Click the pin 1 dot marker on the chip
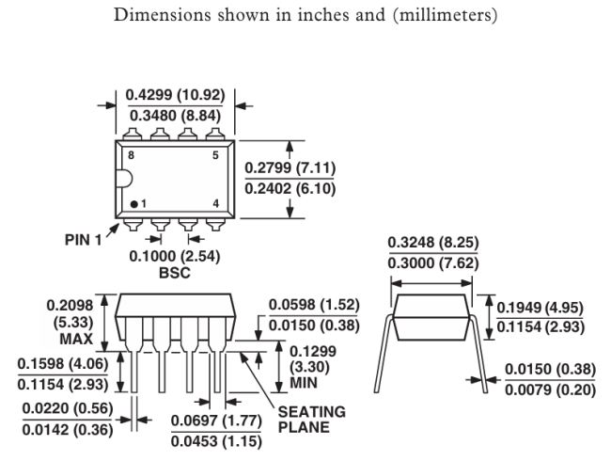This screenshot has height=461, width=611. click(134, 204)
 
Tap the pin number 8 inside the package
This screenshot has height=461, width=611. click(131, 155)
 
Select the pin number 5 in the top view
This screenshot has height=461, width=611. click(215, 155)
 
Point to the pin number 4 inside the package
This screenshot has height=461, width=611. click(216, 203)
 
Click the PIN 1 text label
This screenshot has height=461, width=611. click(83, 240)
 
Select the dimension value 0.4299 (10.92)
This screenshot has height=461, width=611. click(176, 95)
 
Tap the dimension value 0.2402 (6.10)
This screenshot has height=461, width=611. click(290, 189)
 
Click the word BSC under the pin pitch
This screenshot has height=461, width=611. click(175, 273)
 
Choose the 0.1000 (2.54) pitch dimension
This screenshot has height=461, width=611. click(175, 257)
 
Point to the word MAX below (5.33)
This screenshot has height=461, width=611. click(76, 339)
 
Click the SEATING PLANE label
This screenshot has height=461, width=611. click(312, 420)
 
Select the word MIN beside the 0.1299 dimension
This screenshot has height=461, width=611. click(304, 383)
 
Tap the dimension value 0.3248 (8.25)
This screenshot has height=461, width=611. click(433, 243)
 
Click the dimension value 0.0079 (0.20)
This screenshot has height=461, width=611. click(550, 389)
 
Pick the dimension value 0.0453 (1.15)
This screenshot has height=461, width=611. click(216, 441)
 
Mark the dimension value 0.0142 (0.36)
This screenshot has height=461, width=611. click(68, 430)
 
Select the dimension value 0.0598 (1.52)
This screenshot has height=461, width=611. click(314, 305)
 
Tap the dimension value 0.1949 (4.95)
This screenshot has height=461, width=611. click(540, 308)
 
